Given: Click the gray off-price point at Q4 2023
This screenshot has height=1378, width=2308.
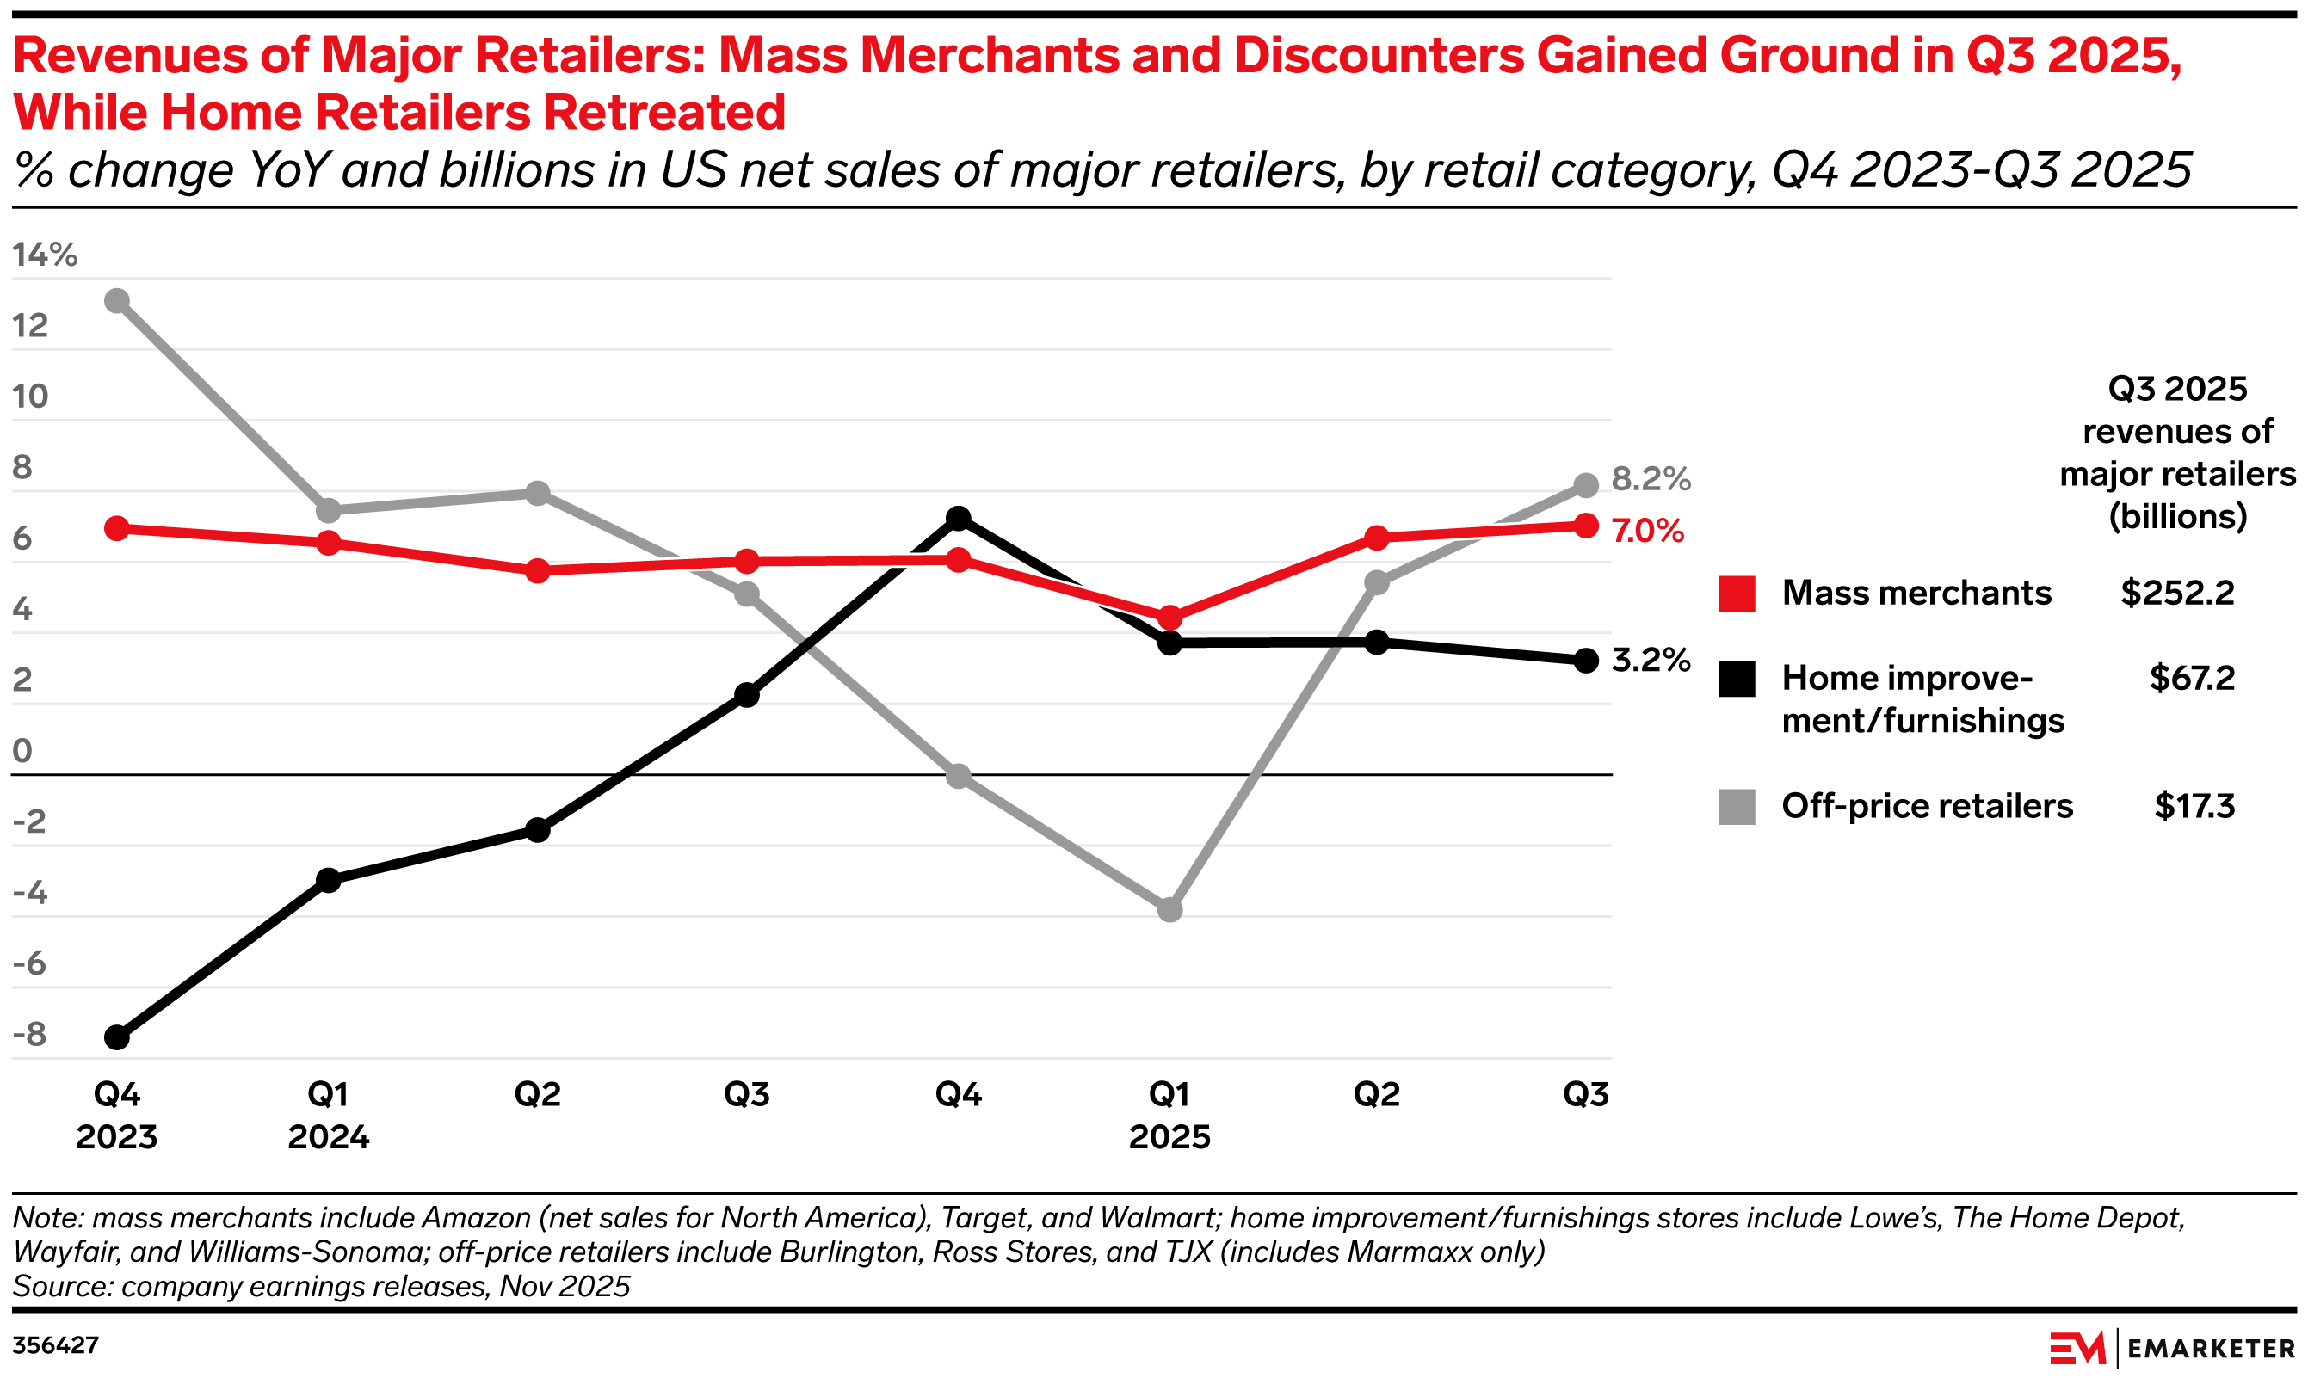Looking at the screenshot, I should [117, 301].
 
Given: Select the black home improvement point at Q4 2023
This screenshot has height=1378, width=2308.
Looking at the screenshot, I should [117, 1037].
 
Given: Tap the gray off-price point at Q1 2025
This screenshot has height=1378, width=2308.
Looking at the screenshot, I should [1170, 909].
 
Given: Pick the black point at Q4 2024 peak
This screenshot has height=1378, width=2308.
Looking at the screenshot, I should [959, 518].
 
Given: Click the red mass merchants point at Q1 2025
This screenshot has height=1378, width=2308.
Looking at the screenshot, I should [1170, 618].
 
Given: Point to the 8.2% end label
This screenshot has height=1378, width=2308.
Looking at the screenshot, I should [1651, 478].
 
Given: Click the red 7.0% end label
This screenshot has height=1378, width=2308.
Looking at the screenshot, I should [1648, 530].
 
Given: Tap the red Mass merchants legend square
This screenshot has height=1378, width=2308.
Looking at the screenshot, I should [1737, 594].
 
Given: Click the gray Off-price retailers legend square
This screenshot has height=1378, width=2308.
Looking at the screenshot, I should [1737, 806].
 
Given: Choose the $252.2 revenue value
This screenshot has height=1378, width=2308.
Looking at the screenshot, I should [2177, 593].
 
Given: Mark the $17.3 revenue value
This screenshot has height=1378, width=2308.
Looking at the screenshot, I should [2194, 805].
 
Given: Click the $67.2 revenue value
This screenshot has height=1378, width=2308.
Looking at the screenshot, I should [2191, 678].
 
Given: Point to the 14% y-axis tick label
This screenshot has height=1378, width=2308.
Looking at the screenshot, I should [45, 255].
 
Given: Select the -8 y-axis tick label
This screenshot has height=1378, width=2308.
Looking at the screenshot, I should [30, 1035].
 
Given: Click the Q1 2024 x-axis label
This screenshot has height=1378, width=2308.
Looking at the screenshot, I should [328, 1114].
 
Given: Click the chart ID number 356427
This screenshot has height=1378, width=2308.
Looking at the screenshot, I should [56, 1344].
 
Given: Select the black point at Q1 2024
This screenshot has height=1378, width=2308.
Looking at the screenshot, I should [328, 879].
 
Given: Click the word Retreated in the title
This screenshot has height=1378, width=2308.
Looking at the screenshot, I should [664, 113].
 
